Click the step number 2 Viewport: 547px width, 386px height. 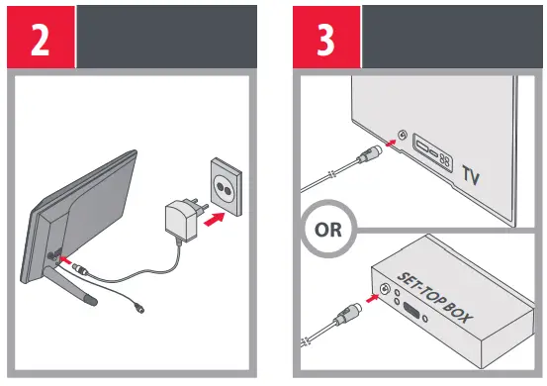point(41,40)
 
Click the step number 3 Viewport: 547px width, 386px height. point(325,40)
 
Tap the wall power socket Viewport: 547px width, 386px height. point(226,187)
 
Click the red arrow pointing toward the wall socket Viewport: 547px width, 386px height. point(214,220)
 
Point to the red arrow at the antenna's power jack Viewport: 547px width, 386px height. point(65,260)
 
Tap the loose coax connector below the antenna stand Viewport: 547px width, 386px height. point(139,308)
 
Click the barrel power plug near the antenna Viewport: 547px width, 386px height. point(81,269)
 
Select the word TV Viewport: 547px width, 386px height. point(471,175)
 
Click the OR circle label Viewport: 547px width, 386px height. point(328,230)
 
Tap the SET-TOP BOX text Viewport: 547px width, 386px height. point(434,297)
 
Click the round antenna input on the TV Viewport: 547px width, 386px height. point(403,135)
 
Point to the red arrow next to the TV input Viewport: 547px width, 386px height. point(391,143)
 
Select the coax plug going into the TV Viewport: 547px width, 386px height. point(369,154)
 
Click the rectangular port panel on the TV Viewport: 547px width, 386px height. point(432,152)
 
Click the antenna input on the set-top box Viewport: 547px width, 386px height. point(385,289)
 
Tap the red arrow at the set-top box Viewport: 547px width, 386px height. point(372,298)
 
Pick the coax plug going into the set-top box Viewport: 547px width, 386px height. point(347,314)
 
